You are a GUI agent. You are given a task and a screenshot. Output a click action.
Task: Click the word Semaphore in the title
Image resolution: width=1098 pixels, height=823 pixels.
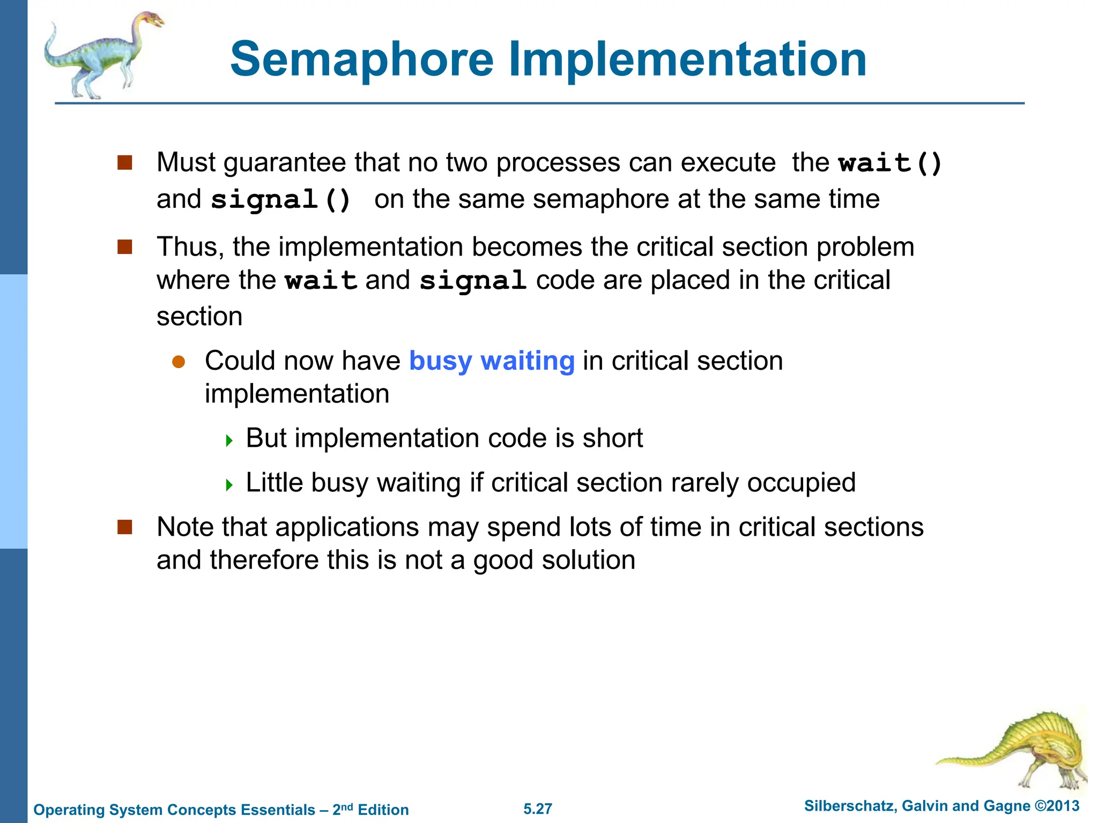[362, 60]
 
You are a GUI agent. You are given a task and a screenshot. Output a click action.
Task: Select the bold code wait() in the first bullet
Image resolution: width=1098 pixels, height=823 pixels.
[891, 163]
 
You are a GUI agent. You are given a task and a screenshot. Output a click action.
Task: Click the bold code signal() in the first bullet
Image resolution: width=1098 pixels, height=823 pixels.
[281, 200]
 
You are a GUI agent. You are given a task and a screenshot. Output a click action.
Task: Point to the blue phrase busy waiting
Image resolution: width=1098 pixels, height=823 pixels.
[492, 361]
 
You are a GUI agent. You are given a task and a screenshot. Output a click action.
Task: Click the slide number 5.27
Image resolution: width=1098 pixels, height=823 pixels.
[538, 809]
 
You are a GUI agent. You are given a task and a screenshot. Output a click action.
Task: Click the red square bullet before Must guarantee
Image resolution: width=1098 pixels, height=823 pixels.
[125, 163]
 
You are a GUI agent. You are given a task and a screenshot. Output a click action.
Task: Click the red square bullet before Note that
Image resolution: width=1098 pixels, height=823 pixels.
[125, 527]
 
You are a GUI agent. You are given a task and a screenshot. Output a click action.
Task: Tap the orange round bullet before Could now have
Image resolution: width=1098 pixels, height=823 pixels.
[179, 362]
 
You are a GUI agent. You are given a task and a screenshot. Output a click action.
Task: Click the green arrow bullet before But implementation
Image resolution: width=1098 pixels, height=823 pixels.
[229, 441]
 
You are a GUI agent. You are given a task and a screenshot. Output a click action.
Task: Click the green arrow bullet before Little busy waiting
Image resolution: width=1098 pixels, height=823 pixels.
[229, 485]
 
